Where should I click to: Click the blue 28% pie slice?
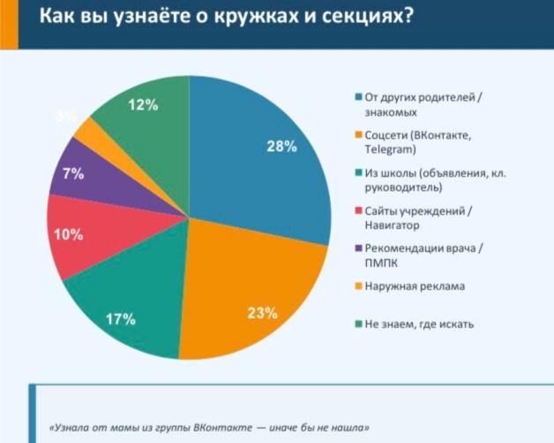tap(256, 159)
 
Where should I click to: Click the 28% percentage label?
tap(281, 146)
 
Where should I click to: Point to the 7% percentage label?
tap(72, 174)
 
